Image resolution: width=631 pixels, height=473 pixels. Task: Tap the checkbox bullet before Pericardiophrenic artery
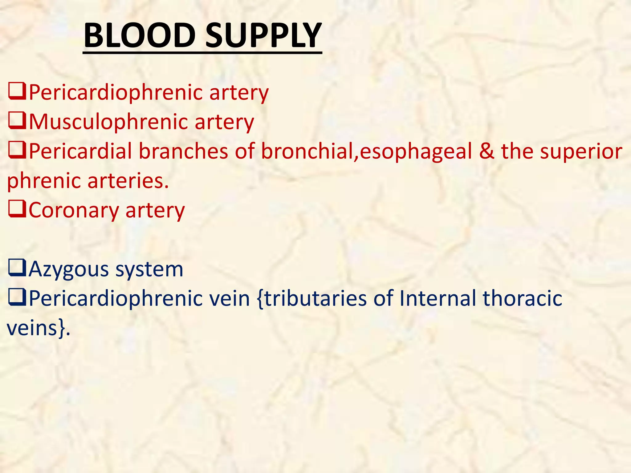17,92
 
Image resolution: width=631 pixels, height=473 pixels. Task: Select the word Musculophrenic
108,122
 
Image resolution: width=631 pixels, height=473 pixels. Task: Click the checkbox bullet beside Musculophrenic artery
17,121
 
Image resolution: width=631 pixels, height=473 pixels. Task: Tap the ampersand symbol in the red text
486,151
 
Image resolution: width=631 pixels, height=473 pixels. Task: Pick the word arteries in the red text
128,180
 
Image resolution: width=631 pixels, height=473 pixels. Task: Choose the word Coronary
74,210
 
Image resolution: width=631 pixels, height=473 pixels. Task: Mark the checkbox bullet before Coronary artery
17,209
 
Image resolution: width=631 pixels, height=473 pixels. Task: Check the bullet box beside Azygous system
17,268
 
